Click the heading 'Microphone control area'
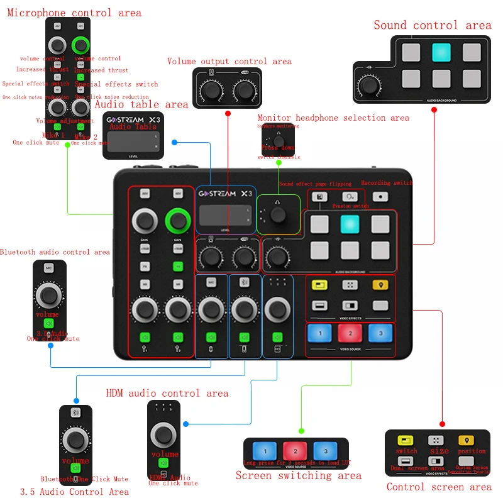(74, 13)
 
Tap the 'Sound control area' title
(433, 25)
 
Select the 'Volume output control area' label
(229, 61)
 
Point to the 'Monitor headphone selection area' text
(333, 118)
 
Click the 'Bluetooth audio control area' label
(55, 252)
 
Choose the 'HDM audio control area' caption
(167, 393)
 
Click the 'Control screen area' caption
(439, 487)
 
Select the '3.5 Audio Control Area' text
(74, 492)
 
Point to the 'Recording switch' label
(387, 183)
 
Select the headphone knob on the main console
(278, 215)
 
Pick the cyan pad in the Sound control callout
(441, 52)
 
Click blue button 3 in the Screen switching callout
(324, 451)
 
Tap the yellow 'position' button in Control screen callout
(466, 441)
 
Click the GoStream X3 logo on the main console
(226, 194)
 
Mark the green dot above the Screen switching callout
(301, 431)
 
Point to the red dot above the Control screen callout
(441, 424)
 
